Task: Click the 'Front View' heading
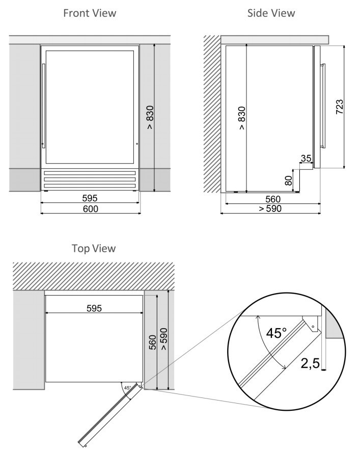90,13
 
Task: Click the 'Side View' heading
271,13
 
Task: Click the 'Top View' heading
94,249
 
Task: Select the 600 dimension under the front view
91,209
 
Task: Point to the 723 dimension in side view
340,107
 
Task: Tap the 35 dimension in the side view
306,158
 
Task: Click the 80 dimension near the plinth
288,180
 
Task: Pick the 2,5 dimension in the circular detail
310,363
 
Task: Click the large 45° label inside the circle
276,333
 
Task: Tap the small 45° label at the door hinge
128,388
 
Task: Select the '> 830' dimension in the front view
150,117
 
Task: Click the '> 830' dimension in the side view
242,118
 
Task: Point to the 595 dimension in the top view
94,308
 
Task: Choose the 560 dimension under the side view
272,199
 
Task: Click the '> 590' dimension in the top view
164,339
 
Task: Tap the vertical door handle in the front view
44,106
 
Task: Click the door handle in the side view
323,105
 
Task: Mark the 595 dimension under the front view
90,198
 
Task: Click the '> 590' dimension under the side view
270,208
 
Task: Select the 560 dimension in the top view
153,342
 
